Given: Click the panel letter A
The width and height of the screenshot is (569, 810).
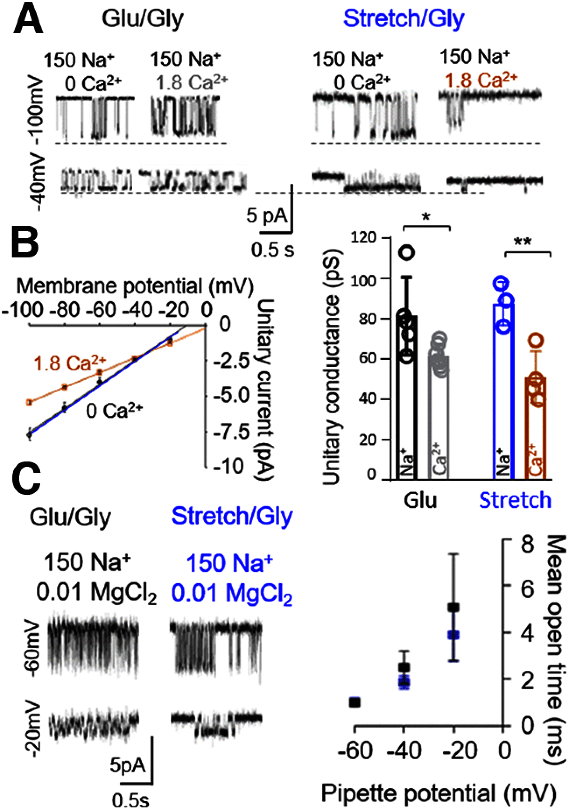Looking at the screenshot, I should (28, 20).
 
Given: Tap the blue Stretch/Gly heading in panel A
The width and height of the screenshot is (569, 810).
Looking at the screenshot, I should (404, 19).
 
